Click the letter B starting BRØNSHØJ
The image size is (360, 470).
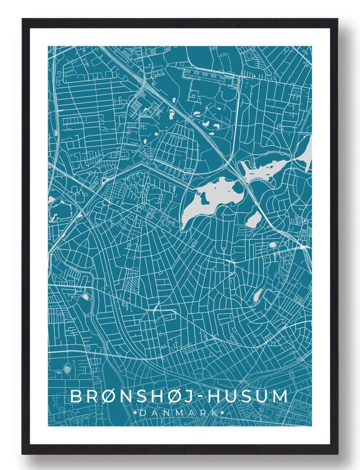point(77,397)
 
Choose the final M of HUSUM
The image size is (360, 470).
point(279,397)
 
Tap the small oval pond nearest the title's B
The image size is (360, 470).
point(67,369)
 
